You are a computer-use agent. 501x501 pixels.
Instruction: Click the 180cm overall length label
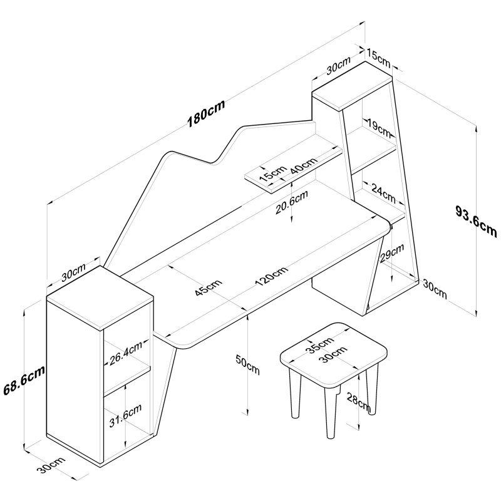(x=206, y=113)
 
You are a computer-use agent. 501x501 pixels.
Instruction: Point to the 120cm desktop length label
(x=272, y=276)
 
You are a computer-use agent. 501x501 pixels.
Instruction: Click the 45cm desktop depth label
(x=209, y=288)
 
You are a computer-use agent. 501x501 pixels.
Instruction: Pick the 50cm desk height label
(x=247, y=364)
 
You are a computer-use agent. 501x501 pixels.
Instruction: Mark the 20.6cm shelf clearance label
(x=292, y=202)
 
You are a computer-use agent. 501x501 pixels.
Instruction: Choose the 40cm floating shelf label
(x=304, y=165)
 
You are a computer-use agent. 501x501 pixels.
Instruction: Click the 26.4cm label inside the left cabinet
(x=126, y=353)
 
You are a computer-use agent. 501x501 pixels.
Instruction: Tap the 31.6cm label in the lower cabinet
(x=125, y=415)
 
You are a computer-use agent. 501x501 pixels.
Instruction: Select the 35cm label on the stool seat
(x=320, y=345)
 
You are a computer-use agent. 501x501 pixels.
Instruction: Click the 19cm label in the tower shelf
(x=379, y=127)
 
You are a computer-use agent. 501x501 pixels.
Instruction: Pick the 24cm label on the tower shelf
(x=383, y=194)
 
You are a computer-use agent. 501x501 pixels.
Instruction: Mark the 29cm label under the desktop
(x=392, y=253)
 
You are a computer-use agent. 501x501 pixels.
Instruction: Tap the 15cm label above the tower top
(x=379, y=58)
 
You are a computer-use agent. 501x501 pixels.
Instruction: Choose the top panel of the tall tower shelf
(x=352, y=86)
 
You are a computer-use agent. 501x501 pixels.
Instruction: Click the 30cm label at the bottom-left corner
(x=51, y=465)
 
